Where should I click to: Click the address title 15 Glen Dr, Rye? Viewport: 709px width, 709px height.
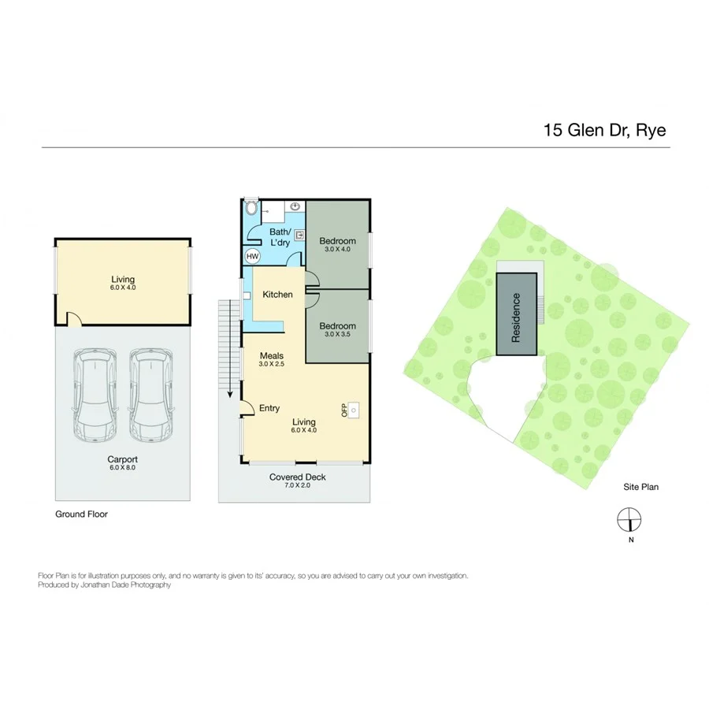click(604, 130)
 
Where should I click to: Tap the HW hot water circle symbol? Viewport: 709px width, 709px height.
click(252, 256)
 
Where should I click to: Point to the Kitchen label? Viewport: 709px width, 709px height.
click(277, 295)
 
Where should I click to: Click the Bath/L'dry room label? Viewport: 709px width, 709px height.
click(280, 237)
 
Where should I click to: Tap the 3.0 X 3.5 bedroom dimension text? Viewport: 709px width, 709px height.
click(337, 335)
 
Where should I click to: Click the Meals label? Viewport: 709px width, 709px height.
click(271, 355)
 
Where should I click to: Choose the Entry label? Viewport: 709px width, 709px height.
click(269, 408)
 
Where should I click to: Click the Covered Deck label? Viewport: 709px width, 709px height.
click(297, 477)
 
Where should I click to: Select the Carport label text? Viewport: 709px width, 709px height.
click(122, 458)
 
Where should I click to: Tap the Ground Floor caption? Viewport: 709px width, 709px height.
click(81, 514)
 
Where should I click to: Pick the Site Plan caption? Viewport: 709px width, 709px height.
click(640, 488)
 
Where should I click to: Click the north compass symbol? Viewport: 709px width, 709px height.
click(629, 520)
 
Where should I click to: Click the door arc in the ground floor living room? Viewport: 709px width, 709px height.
click(73, 318)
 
